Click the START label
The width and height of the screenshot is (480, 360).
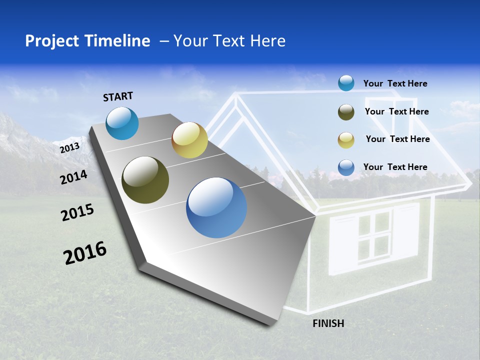click(118, 96)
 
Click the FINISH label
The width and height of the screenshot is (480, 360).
click(328, 323)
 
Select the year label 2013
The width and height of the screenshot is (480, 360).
click(69, 148)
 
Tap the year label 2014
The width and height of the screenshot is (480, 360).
click(73, 177)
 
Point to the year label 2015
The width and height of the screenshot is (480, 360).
click(77, 212)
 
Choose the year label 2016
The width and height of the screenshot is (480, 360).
click(85, 253)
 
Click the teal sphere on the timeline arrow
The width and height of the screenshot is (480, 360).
click(122, 123)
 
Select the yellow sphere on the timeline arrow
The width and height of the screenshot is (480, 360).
click(189, 140)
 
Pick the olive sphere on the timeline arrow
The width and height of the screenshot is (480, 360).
click(145, 180)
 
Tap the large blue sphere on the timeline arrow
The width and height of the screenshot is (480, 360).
click(216, 207)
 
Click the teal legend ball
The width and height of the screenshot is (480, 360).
click(346, 83)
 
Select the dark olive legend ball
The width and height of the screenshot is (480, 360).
click(346, 112)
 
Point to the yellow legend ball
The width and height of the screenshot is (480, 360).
click(346, 139)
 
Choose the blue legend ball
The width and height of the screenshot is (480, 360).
click(346, 167)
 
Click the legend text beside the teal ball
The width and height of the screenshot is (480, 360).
click(395, 83)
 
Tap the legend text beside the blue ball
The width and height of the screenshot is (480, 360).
click(395, 167)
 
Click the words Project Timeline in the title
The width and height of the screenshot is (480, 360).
click(87, 41)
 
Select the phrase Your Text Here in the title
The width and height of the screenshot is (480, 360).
click(229, 41)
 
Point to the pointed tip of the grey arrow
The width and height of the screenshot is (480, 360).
click(315, 216)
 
